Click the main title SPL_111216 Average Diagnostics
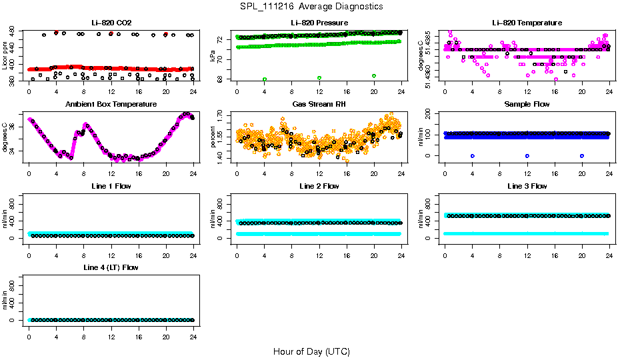312,6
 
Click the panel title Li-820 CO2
111,23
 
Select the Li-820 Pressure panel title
319,23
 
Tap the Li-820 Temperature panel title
527,23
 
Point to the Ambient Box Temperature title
111,105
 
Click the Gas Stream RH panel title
319,105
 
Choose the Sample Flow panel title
527,105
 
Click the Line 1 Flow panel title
111,186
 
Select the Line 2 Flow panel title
319,186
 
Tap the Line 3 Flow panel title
527,186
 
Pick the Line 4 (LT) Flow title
111,267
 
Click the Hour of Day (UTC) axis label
311,351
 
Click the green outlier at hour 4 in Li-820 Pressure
265,79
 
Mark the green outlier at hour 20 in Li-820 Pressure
374,76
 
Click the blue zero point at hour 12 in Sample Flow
527,155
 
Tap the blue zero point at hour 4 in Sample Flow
472,155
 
